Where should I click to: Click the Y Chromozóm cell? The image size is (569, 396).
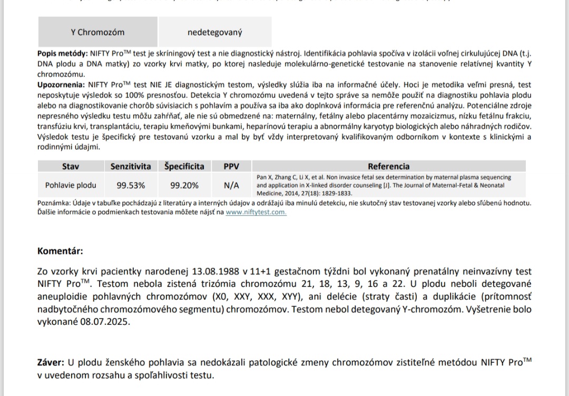coord(97,32)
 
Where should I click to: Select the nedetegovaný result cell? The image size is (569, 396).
coord(215,33)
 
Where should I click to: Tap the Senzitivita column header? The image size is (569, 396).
coord(130,166)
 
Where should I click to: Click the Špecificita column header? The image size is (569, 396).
coord(184,166)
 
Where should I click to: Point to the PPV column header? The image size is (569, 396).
coord(231,166)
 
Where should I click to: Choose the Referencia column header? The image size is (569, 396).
coord(388,166)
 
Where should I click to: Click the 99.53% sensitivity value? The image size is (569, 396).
coord(130,185)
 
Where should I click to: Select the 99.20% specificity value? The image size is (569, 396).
coord(184,185)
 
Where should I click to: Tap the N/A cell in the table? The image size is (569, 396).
coord(231,185)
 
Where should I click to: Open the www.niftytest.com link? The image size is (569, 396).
coord(256,212)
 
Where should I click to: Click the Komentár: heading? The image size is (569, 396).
coord(60,251)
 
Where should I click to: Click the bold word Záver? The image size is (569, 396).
coord(51,363)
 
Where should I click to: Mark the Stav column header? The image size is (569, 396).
coord(71,166)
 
